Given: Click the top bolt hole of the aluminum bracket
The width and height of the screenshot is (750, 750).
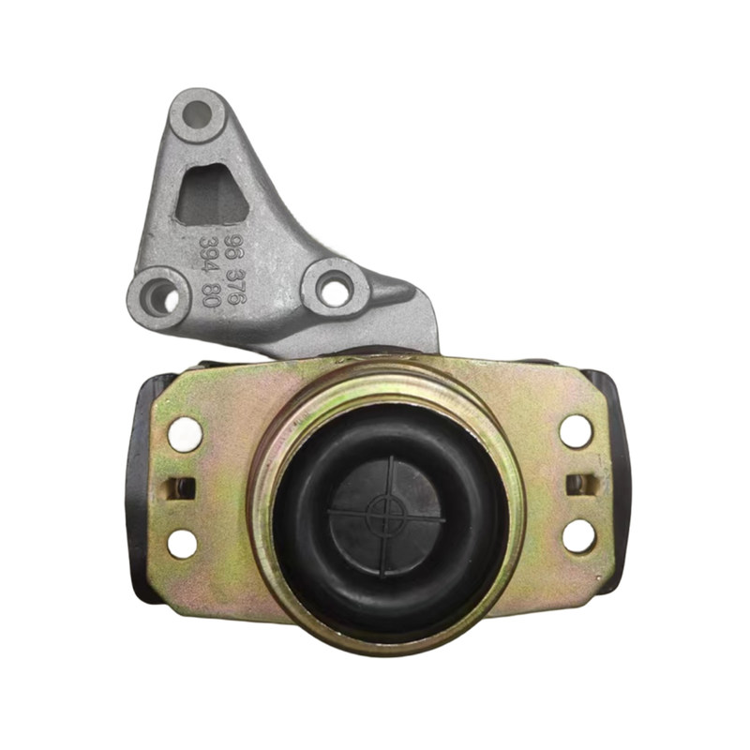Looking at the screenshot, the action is click(x=197, y=113).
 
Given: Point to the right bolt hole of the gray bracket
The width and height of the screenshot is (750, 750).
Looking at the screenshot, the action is click(x=335, y=289).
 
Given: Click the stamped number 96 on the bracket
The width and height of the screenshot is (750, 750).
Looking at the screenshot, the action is click(x=235, y=247).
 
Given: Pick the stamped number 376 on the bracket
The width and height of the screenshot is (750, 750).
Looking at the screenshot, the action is click(x=236, y=286).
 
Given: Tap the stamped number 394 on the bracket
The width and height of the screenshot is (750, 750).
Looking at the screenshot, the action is click(x=209, y=254).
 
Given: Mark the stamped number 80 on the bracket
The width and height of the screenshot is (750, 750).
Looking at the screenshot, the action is click(x=210, y=293).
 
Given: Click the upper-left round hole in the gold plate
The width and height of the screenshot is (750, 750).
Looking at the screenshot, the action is click(x=185, y=434).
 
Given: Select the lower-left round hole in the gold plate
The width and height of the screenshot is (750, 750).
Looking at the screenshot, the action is click(x=182, y=544).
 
